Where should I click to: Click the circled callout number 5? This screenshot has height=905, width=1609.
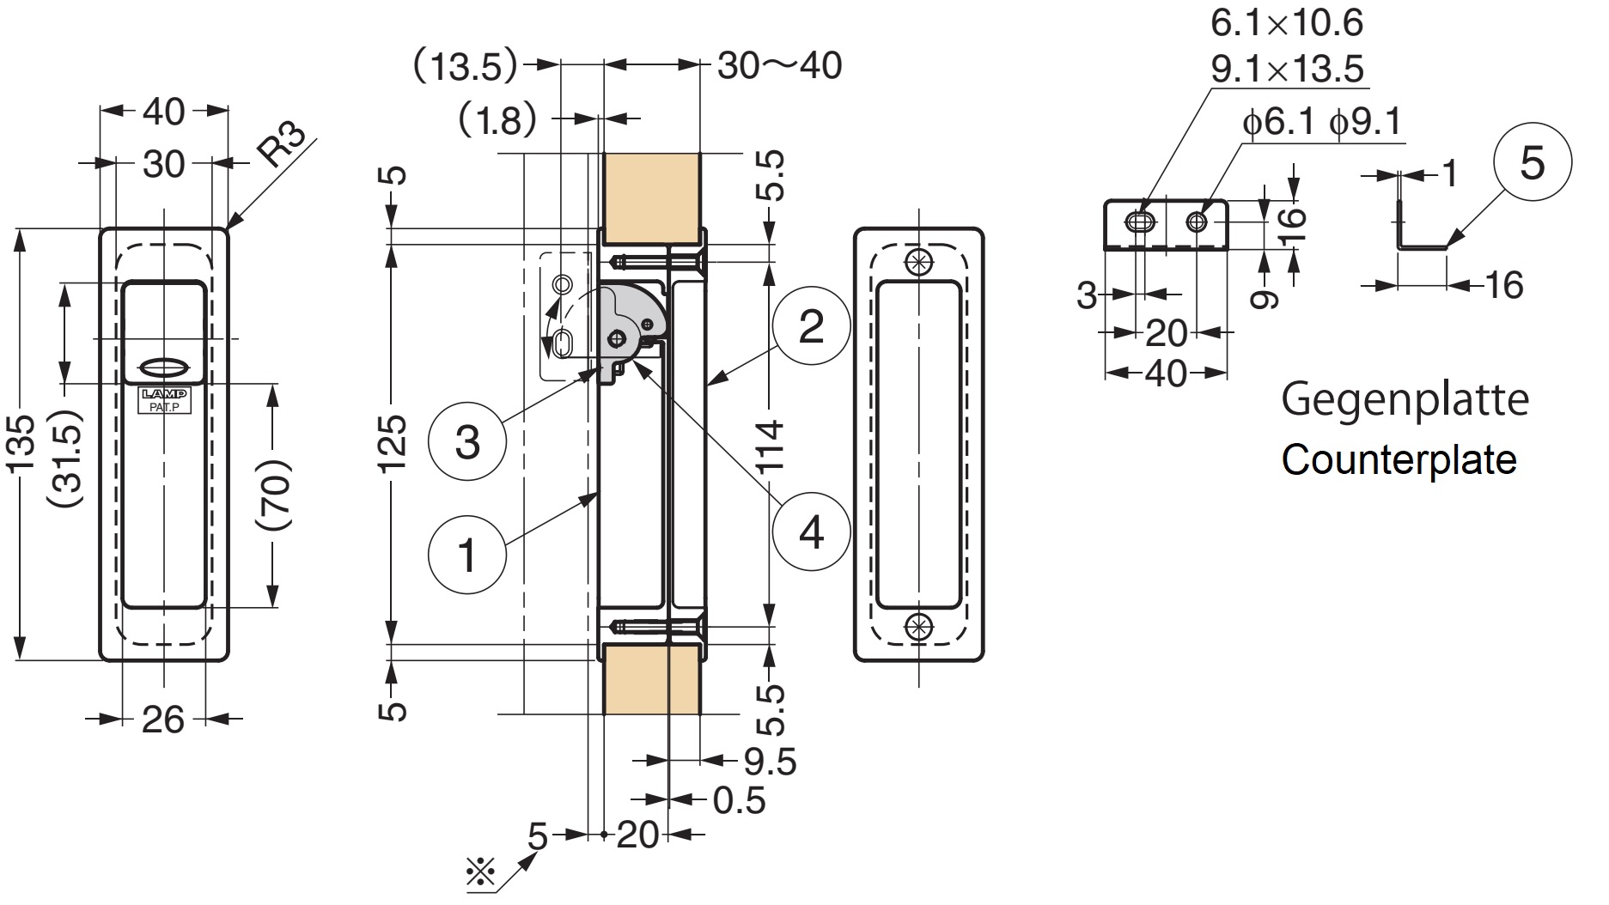1533,163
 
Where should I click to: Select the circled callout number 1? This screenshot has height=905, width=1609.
466,553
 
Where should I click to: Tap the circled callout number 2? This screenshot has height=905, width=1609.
810,326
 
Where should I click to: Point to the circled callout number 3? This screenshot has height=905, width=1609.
466,442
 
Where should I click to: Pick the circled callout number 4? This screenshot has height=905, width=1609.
810,532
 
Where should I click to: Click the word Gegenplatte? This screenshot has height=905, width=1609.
1405,400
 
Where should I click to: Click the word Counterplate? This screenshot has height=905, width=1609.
1399,459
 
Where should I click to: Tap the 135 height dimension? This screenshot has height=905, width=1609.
21,444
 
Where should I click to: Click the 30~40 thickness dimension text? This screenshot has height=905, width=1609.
779,66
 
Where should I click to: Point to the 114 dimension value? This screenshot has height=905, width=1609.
771,446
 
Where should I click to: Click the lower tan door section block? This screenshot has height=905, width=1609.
651,678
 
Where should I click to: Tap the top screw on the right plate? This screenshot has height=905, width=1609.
918,259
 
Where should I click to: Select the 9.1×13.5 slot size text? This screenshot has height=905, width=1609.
1287,69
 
